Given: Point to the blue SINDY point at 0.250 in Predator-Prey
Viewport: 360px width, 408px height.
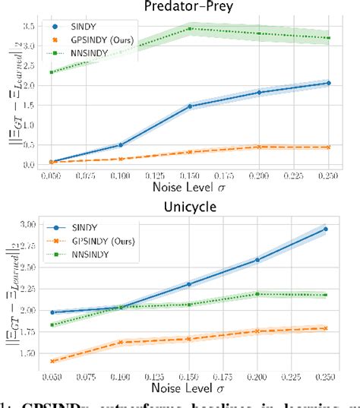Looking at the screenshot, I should point(328,83).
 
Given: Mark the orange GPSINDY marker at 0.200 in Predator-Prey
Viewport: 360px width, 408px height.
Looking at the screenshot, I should point(259,147).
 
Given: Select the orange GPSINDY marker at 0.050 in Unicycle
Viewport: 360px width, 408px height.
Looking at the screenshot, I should point(52,362).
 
